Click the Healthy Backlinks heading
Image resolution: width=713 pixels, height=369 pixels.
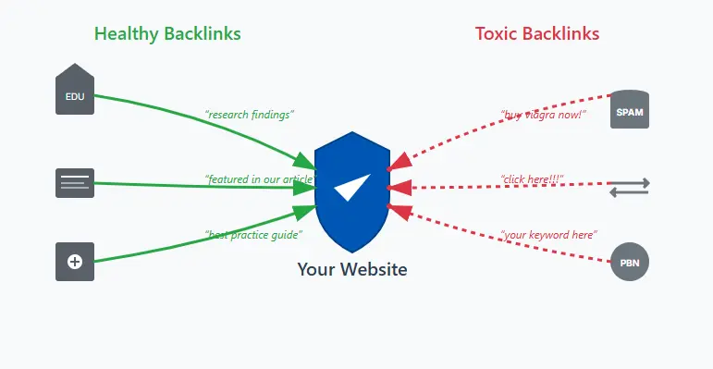pyautogui.click(x=167, y=34)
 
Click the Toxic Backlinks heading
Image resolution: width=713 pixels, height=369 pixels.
pyautogui.click(x=536, y=34)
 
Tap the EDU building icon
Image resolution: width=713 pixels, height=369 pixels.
pyautogui.click(x=75, y=91)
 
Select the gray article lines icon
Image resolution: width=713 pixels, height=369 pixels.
pyautogui.click(x=75, y=182)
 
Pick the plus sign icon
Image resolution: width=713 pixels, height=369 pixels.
pyautogui.click(x=75, y=262)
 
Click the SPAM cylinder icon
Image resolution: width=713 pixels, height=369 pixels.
pyautogui.click(x=630, y=110)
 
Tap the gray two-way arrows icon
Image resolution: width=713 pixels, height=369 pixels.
pyautogui.click(x=630, y=188)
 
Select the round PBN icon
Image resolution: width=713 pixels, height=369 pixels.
pyautogui.click(x=630, y=264)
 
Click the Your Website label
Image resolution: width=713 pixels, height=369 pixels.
pyautogui.click(x=351, y=269)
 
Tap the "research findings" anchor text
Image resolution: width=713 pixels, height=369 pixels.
pyautogui.click(x=249, y=115)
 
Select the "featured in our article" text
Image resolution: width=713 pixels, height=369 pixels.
pyautogui.click(x=259, y=178)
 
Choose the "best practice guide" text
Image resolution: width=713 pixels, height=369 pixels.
pyautogui.click(x=253, y=235)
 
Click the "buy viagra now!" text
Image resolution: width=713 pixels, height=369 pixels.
pyautogui.click(x=543, y=115)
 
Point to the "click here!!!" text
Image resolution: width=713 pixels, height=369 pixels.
pyautogui.click(x=532, y=178)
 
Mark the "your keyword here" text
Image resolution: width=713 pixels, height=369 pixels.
pyautogui.click(x=548, y=235)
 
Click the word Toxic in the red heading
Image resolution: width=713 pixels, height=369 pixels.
pyautogui.click(x=497, y=34)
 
